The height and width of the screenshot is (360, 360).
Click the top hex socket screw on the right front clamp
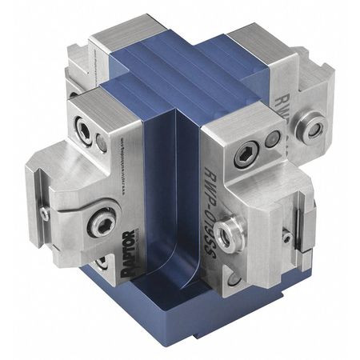coord(246,156)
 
